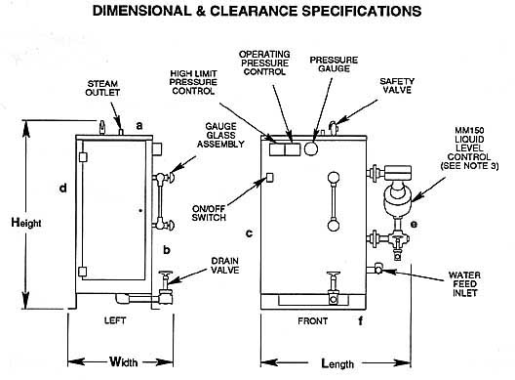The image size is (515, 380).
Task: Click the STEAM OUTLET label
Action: click(x=102, y=88)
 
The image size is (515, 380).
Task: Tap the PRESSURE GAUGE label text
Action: click(x=334, y=64)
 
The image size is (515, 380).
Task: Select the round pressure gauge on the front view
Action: click(x=311, y=148)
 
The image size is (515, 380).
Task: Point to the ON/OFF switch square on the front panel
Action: click(x=269, y=178)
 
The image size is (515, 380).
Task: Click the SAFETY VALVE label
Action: click(x=397, y=86)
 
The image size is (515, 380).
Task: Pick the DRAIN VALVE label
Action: click(x=225, y=266)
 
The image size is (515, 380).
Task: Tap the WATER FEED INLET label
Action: click(x=464, y=284)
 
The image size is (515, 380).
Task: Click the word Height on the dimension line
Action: click(x=26, y=223)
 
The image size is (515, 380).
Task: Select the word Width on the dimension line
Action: click(x=124, y=361)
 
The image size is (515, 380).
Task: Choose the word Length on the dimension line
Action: click(x=337, y=363)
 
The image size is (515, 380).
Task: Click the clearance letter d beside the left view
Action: click(x=62, y=189)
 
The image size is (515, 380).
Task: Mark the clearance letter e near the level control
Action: click(x=414, y=225)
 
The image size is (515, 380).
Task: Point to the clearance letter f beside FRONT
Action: click(x=361, y=320)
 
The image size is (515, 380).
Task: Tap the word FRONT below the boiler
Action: click(x=313, y=320)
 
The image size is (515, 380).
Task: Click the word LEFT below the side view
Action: click(x=115, y=320)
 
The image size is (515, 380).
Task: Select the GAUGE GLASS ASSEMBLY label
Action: click(x=220, y=135)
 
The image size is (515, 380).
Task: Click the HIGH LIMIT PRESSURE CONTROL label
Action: click(x=193, y=82)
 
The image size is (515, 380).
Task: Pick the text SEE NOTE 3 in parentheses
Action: click(x=469, y=166)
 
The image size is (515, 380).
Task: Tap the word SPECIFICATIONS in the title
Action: click(x=362, y=11)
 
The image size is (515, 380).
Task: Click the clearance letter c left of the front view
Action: click(x=250, y=233)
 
